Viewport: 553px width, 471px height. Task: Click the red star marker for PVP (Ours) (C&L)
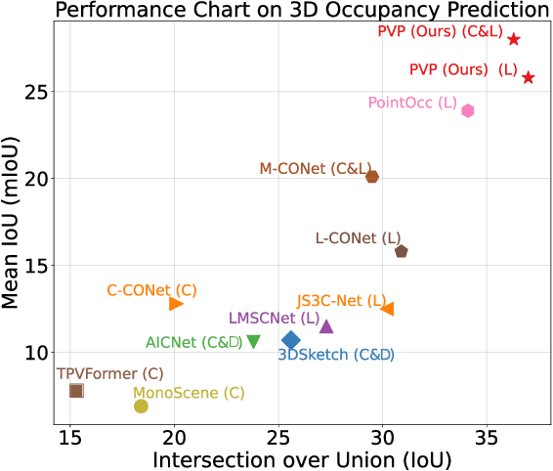coord(514,39)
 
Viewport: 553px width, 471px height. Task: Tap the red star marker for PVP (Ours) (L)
coord(528,77)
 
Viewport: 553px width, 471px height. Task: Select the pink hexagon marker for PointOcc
coord(468,110)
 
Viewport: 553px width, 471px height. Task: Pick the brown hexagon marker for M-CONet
coord(372,176)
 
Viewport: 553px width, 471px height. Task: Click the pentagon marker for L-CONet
coord(401,251)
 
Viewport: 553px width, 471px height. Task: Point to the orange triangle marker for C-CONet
coord(176,304)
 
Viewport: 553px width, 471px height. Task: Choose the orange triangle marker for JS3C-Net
coord(387,309)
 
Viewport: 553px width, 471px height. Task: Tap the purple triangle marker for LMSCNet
coord(326,326)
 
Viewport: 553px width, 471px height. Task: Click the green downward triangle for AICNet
coord(253,341)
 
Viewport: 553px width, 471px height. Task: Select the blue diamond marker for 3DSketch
coord(290,339)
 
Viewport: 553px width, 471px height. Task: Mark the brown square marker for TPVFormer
coord(76,390)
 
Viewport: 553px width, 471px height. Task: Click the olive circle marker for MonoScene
coord(141,406)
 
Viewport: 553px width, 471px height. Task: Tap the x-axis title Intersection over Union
coord(301,458)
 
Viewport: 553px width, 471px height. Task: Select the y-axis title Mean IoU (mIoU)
coord(14,227)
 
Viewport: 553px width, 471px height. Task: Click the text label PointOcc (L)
coord(412,102)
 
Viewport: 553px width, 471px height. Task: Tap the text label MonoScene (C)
coord(189,393)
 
